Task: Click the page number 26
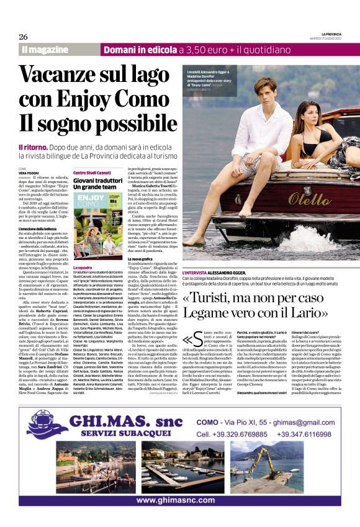pyautogui.click(x=23, y=36)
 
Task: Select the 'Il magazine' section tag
pyautogui.click(x=44, y=49)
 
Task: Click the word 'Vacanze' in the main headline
pyautogui.click(x=60, y=75)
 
